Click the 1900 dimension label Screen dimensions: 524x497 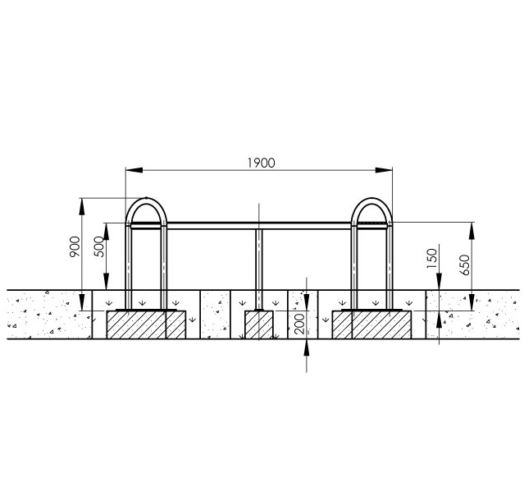coord(262,163)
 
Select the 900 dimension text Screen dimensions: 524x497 coord(75,246)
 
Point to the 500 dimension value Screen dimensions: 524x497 coord(99,246)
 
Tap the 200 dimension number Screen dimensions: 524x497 coord(300,324)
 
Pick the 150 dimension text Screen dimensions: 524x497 coord(432,258)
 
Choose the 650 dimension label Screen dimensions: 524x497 coord(464,265)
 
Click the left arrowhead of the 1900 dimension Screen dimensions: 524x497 coord(134,170)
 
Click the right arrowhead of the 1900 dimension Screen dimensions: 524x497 coord(384,170)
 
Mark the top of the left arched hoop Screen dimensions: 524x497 coord(146,199)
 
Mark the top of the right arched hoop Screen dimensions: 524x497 coord(371,199)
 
